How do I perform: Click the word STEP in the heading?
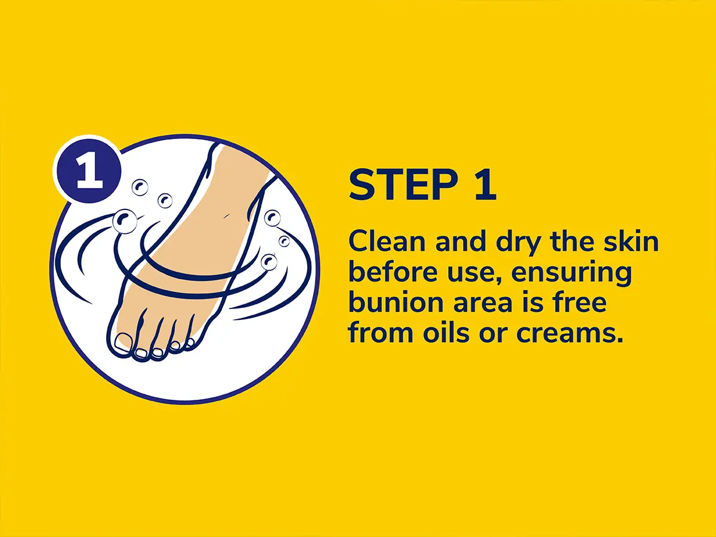click(x=403, y=184)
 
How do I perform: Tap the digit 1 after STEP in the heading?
click(x=485, y=184)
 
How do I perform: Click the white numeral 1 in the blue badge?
click(x=89, y=171)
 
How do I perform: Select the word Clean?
click(x=387, y=242)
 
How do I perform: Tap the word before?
click(x=393, y=272)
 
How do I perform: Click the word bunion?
click(x=395, y=303)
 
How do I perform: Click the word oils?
click(x=446, y=333)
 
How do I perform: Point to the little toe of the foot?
click(x=190, y=343)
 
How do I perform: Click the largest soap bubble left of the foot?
click(x=124, y=221)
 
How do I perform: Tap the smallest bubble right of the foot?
click(x=284, y=242)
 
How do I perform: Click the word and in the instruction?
click(x=461, y=242)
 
